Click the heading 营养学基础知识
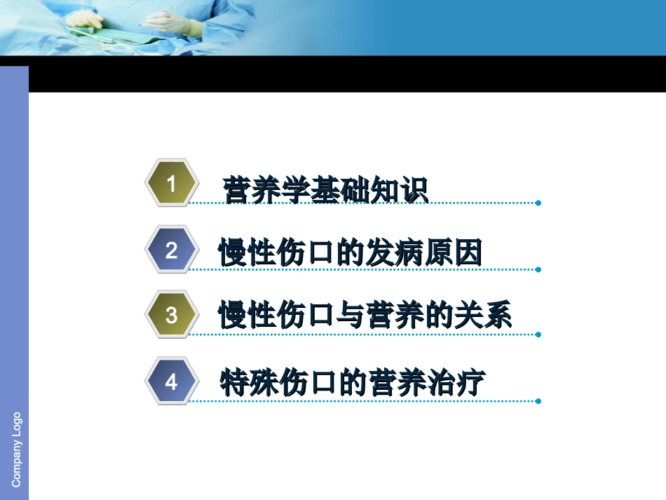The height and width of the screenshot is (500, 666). pos(325,190)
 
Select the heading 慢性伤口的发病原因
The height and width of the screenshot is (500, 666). pos(351,253)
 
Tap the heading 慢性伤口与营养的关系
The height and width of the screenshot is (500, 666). pos(365,316)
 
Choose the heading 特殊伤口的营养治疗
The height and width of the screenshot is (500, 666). pos(353,383)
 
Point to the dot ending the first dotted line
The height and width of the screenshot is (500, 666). pos(538,203)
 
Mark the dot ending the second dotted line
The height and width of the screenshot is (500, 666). pos(538,269)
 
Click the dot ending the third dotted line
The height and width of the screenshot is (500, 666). pos(538,335)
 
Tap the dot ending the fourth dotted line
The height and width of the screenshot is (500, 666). pos(538,402)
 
